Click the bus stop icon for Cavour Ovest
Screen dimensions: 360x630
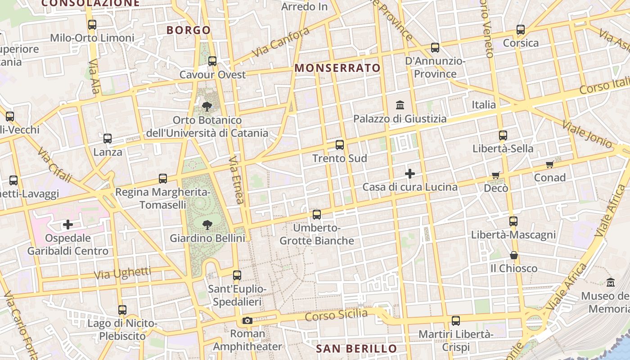click(212, 61)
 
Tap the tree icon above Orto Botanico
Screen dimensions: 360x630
click(207, 107)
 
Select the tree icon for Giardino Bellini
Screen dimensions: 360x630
click(207, 224)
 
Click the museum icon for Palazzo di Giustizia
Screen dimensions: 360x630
click(400, 105)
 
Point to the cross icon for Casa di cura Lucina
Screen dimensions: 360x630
click(410, 174)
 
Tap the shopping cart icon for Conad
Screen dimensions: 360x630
click(549, 164)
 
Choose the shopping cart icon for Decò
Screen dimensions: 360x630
click(495, 175)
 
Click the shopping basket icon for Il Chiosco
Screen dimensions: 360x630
click(513, 255)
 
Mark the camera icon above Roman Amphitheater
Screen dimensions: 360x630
click(247, 321)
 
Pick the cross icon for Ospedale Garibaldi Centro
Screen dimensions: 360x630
click(68, 224)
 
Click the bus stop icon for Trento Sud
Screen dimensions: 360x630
click(340, 145)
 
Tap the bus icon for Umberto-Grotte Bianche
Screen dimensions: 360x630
click(317, 215)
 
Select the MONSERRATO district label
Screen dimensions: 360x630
click(337, 68)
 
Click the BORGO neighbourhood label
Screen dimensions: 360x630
click(189, 30)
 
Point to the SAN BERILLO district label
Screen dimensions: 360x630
click(356, 349)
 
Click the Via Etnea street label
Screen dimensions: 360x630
click(236, 180)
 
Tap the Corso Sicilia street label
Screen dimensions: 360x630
click(336, 315)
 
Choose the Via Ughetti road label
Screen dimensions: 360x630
click(122, 273)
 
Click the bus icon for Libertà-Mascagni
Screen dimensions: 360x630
click(513, 221)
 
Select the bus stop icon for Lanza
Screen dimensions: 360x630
click(108, 139)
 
